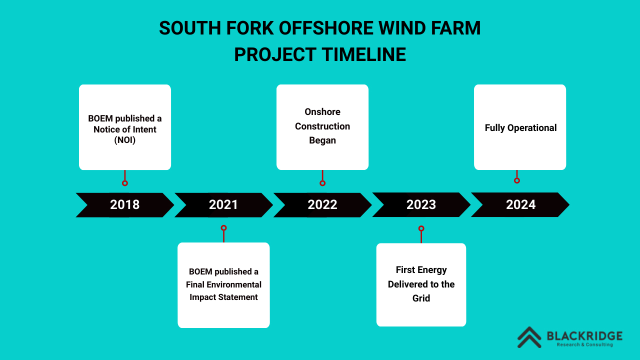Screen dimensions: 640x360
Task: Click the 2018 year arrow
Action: [125, 205]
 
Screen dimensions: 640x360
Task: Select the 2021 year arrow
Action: [223, 205]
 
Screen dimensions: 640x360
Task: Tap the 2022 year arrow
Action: [322, 205]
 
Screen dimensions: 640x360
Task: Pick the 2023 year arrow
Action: [421, 204]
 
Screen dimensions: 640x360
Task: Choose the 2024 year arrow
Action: [520, 204]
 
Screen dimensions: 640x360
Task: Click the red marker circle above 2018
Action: [125, 183]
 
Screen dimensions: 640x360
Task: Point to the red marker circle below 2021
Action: [223, 228]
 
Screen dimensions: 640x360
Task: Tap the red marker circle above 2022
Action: [322, 183]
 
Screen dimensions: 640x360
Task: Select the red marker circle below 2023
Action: [421, 228]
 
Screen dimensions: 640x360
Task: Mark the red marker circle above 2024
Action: [517, 180]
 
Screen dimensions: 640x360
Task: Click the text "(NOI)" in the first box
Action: [125, 140]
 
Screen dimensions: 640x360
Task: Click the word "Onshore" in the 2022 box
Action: [322, 111]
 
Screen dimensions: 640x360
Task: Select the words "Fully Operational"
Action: [520, 127]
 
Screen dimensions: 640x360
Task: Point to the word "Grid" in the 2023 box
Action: [421, 298]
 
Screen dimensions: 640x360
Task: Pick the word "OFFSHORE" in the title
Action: [326, 28]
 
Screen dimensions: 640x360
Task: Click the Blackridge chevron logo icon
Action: [529, 337]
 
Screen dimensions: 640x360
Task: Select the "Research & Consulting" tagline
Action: [585, 344]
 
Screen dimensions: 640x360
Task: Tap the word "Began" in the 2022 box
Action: [322, 140]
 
